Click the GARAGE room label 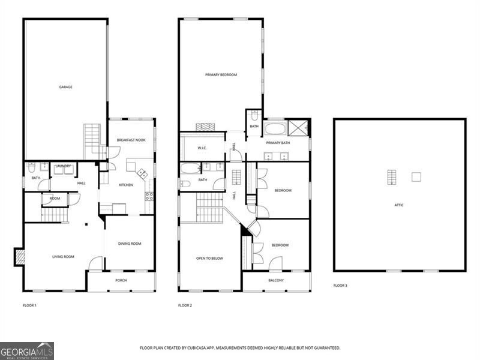click(x=65, y=87)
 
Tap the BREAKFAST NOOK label click(x=131, y=140)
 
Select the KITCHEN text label click(x=125, y=185)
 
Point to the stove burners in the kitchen click(x=149, y=196)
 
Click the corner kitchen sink click(x=142, y=173)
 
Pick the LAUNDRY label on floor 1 click(x=63, y=166)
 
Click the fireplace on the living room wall click(x=20, y=257)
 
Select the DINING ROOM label click(x=130, y=244)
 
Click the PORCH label click(x=121, y=280)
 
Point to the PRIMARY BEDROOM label click(x=221, y=75)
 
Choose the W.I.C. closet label click(x=202, y=148)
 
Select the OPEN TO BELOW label click(x=209, y=259)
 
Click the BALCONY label click(x=276, y=280)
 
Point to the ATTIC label click(x=399, y=205)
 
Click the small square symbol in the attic click(x=416, y=177)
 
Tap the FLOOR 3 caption click(x=340, y=286)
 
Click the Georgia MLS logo click(x=27, y=350)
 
